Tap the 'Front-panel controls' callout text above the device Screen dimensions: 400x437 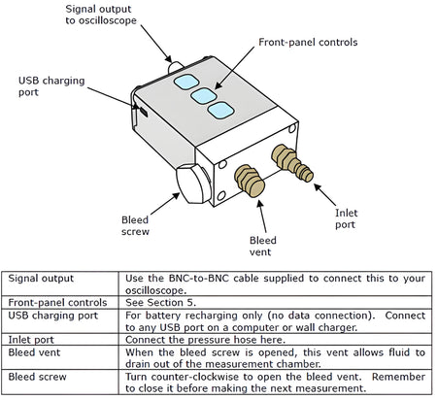pos(308,43)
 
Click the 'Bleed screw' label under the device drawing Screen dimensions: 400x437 pos(134,226)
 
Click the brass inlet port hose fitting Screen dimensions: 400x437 pos(290,162)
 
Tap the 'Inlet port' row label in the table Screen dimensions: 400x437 pos(33,340)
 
